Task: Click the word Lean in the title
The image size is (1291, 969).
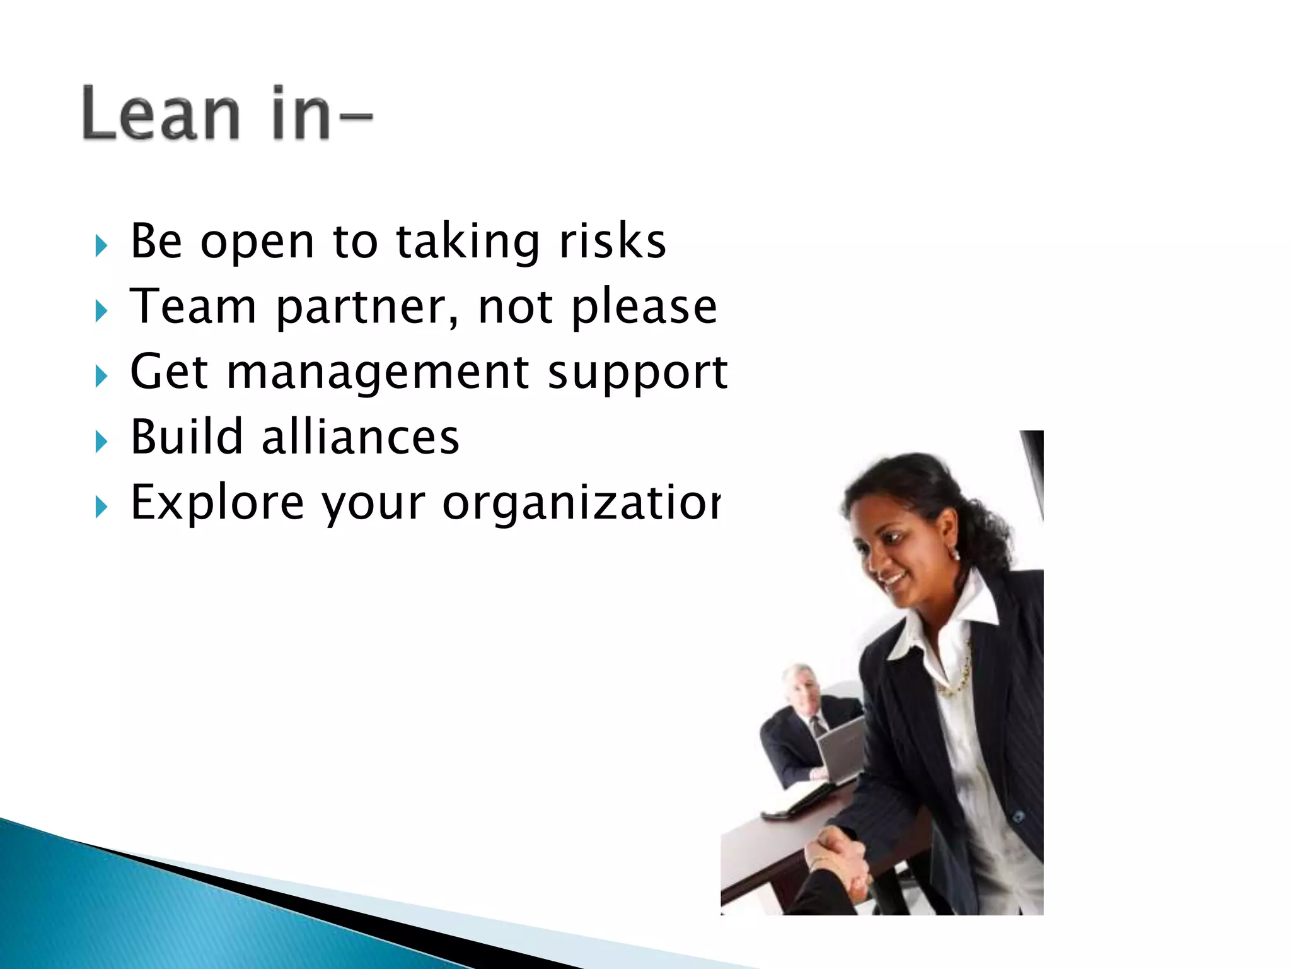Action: (161, 114)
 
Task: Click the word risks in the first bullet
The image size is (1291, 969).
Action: (613, 241)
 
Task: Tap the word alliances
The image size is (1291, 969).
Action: (360, 437)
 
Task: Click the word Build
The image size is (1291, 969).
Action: (187, 437)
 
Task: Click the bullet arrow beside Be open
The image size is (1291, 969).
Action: (101, 245)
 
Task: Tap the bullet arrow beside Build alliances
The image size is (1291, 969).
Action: (101, 441)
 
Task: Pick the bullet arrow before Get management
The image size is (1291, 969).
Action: (101, 376)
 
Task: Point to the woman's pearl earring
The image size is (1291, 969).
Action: (956, 556)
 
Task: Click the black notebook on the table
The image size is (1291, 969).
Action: (801, 801)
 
